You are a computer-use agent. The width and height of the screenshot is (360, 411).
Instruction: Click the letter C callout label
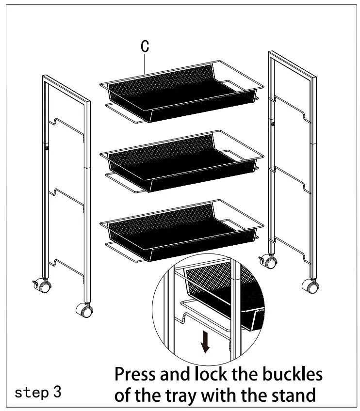point(145,46)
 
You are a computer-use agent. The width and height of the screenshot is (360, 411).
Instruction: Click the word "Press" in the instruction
point(135,374)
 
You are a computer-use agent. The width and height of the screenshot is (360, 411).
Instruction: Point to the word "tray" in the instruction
point(182,396)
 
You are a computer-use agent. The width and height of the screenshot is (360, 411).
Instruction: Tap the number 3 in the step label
point(57,392)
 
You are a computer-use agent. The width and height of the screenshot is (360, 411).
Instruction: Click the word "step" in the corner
point(32,393)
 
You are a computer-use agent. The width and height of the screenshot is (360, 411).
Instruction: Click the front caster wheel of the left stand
point(84,310)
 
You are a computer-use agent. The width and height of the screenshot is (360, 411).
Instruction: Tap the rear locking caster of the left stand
point(42,285)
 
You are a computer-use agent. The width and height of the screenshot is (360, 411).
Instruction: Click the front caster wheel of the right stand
point(311,286)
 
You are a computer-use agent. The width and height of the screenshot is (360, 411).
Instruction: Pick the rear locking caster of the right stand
point(268,261)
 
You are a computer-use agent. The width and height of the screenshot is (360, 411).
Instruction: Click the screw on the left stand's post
point(47,148)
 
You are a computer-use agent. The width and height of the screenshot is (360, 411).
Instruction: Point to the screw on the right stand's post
point(273,124)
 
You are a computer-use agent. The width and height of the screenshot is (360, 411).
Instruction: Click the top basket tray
point(181,92)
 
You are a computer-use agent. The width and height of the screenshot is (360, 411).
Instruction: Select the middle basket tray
point(181,161)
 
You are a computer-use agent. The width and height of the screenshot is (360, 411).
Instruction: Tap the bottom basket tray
point(181,231)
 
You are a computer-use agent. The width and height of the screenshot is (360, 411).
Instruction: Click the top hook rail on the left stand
point(66,126)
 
